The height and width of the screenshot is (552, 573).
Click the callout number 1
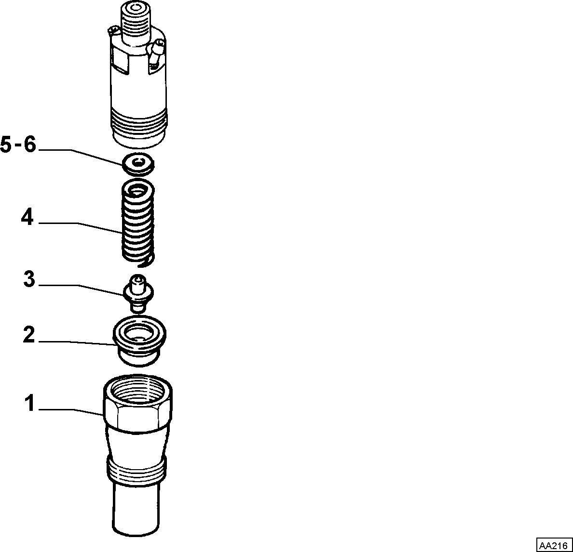pyautogui.click(x=30, y=403)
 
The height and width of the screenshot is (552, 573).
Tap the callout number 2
pyautogui.click(x=29, y=335)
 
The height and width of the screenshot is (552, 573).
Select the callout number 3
pyautogui.click(x=29, y=279)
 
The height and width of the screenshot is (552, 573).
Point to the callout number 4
pyautogui.click(x=27, y=217)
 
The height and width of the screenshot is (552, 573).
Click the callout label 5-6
pyautogui.click(x=18, y=144)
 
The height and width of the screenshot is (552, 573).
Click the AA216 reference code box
pyautogui.click(x=554, y=545)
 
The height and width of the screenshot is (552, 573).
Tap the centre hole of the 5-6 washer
pyautogui.click(x=138, y=163)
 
